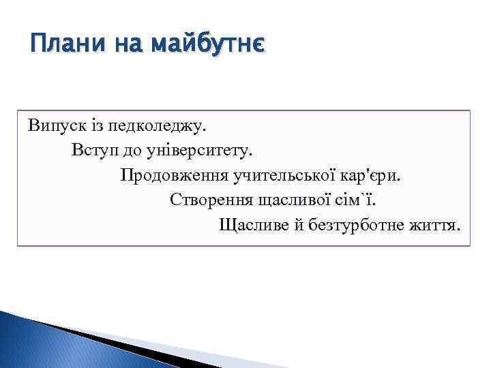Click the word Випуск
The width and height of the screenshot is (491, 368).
50,125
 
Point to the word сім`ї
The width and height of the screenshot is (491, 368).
357,200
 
